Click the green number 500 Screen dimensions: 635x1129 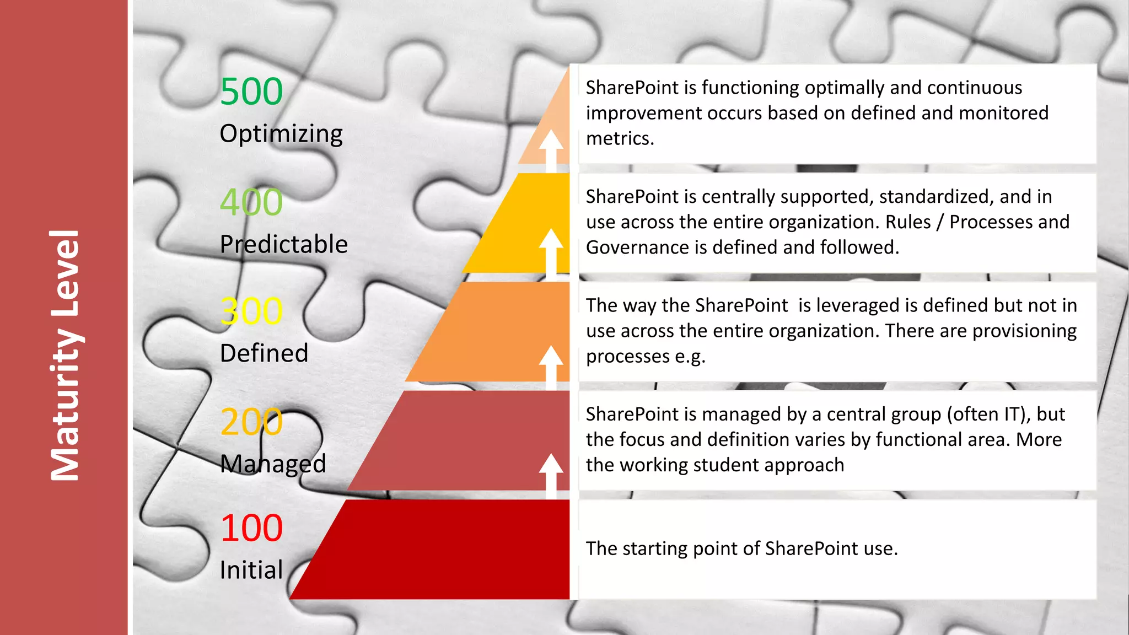coord(251,92)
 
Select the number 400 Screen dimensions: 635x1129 coord(251,202)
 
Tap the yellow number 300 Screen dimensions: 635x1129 coord(251,311)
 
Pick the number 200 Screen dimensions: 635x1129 coord(251,422)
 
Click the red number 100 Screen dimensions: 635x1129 coord(251,528)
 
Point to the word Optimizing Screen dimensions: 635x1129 coord(281,134)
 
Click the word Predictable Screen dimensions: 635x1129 coord(284,244)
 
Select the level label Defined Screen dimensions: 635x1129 coord(264,353)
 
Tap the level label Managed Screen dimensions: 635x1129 coord(273,464)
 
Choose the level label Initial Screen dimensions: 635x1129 coord(251,570)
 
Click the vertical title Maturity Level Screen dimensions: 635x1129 coord(64,356)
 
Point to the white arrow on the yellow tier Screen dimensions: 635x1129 coord(551,251)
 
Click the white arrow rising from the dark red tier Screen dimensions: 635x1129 coord(551,474)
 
